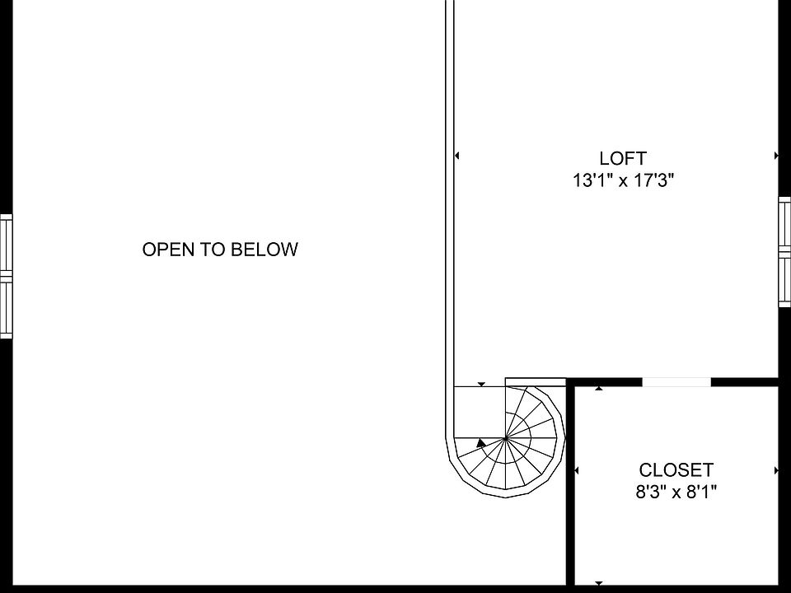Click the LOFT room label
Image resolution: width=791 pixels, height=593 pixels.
point(623,158)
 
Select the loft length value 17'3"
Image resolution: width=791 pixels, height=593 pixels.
point(653,180)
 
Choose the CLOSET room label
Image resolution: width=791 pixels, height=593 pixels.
point(676,470)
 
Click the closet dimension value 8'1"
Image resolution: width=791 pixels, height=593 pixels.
point(700,493)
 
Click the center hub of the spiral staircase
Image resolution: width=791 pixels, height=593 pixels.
point(505,438)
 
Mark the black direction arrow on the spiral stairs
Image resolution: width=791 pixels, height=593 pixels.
point(481,443)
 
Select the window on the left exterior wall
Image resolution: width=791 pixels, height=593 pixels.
point(6,276)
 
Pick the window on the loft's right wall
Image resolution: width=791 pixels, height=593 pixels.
point(784,252)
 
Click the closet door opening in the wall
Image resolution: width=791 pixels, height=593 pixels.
point(676,381)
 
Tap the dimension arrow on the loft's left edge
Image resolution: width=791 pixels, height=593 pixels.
point(457,155)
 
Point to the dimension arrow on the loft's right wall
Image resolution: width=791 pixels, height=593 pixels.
point(776,155)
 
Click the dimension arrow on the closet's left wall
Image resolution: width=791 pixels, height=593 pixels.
point(576,470)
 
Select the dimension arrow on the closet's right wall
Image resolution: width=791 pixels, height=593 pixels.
point(776,470)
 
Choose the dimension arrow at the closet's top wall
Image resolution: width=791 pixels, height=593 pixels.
point(599,387)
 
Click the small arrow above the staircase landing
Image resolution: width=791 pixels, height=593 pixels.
point(481,384)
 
